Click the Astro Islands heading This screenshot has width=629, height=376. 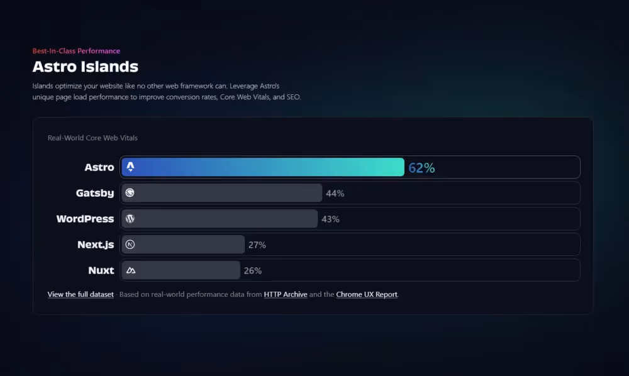pyautogui.click(x=85, y=66)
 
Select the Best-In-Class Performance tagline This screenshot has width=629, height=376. pyautogui.click(x=76, y=51)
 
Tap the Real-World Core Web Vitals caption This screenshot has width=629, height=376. pyautogui.click(x=92, y=138)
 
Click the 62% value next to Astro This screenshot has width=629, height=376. pyautogui.click(x=421, y=168)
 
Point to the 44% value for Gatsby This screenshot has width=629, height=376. pyautogui.click(x=335, y=194)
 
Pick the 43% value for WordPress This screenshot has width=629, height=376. pyautogui.click(x=330, y=219)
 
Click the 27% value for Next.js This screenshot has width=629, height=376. pyautogui.click(x=257, y=245)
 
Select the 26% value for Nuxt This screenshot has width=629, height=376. pyautogui.click(x=253, y=271)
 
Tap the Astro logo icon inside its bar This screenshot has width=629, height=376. pyautogui.click(x=130, y=167)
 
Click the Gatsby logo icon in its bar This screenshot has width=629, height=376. pyautogui.click(x=130, y=193)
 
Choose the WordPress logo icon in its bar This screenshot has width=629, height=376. pyautogui.click(x=130, y=219)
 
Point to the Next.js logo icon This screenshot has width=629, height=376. pyautogui.click(x=130, y=245)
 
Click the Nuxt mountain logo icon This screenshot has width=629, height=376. pyautogui.click(x=130, y=270)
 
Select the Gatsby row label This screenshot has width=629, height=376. pyautogui.click(x=95, y=193)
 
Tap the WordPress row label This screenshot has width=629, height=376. pyautogui.click(x=85, y=219)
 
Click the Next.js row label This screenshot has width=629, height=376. pyautogui.click(x=96, y=245)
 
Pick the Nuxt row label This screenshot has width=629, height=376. pyautogui.click(x=101, y=270)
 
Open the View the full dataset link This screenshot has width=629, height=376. pyautogui.click(x=81, y=294)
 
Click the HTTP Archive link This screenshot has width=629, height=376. pyautogui.click(x=286, y=294)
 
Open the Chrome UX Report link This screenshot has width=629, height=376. pyautogui.click(x=367, y=294)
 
